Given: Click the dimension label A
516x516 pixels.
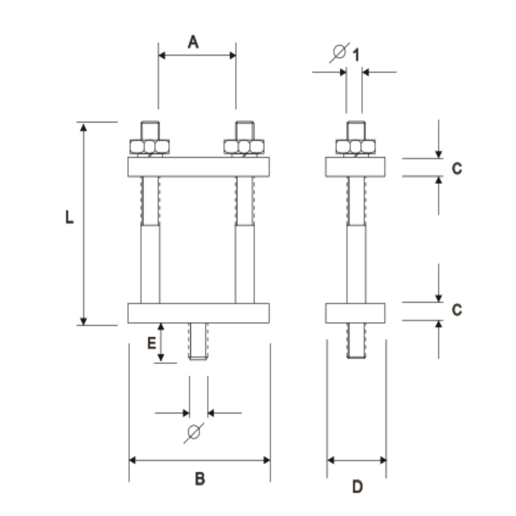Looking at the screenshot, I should [193, 42].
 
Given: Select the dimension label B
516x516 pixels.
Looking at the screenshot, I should [200, 478].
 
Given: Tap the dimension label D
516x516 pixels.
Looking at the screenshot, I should [357, 487].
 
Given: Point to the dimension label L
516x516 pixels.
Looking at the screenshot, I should [70, 218].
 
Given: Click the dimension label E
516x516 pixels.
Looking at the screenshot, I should [151, 343].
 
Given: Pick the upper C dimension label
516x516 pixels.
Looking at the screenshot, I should [457, 168].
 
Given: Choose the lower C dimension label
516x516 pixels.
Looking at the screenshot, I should [457, 310].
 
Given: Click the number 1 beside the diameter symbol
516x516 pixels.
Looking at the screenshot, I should [355, 54].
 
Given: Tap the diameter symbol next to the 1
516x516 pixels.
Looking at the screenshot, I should [339, 53].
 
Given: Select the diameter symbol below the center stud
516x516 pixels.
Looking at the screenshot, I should [193, 432].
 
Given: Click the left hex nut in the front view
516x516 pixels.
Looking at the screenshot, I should [150, 146].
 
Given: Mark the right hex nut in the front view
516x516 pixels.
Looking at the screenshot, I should [244, 146].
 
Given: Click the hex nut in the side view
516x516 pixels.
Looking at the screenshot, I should [355, 146].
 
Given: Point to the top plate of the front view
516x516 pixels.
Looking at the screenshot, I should [198, 167].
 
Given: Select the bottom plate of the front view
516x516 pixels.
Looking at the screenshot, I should [198, 313].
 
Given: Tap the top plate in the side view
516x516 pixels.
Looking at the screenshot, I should [355, 167].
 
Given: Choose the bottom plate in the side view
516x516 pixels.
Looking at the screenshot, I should [355, 313].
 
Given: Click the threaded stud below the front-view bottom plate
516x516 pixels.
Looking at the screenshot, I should [198, 341].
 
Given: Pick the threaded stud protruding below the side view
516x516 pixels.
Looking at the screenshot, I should [356, 340].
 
